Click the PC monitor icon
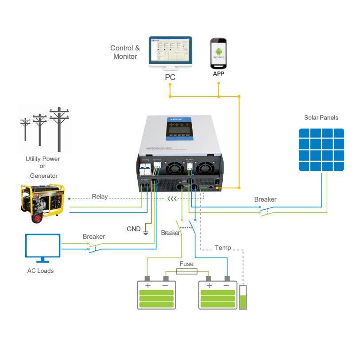pyautogui.click(x=170, y=53)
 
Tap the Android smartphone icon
pyautogui.click(x=218, y=54)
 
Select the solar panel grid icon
pyautogui.click(x=321, y=149)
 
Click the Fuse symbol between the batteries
pyautogui.click(x=186, y=271)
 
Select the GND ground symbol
pyautogui.click(x=145, y=232)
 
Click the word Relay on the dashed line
pyautogui.click(x=100, y=196)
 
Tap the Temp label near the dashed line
pyautogui.click(x=223, y=248)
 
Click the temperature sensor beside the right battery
pyautogui.click(x=243, y=297)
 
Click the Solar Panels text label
pyautogui.click(x=321, y=118)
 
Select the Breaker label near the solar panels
pyautogui.click(x=265, y=199)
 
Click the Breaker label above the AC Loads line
pyautogui.click(x=94, y=237)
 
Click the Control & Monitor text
pyautogui.click(x=125, y=52)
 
